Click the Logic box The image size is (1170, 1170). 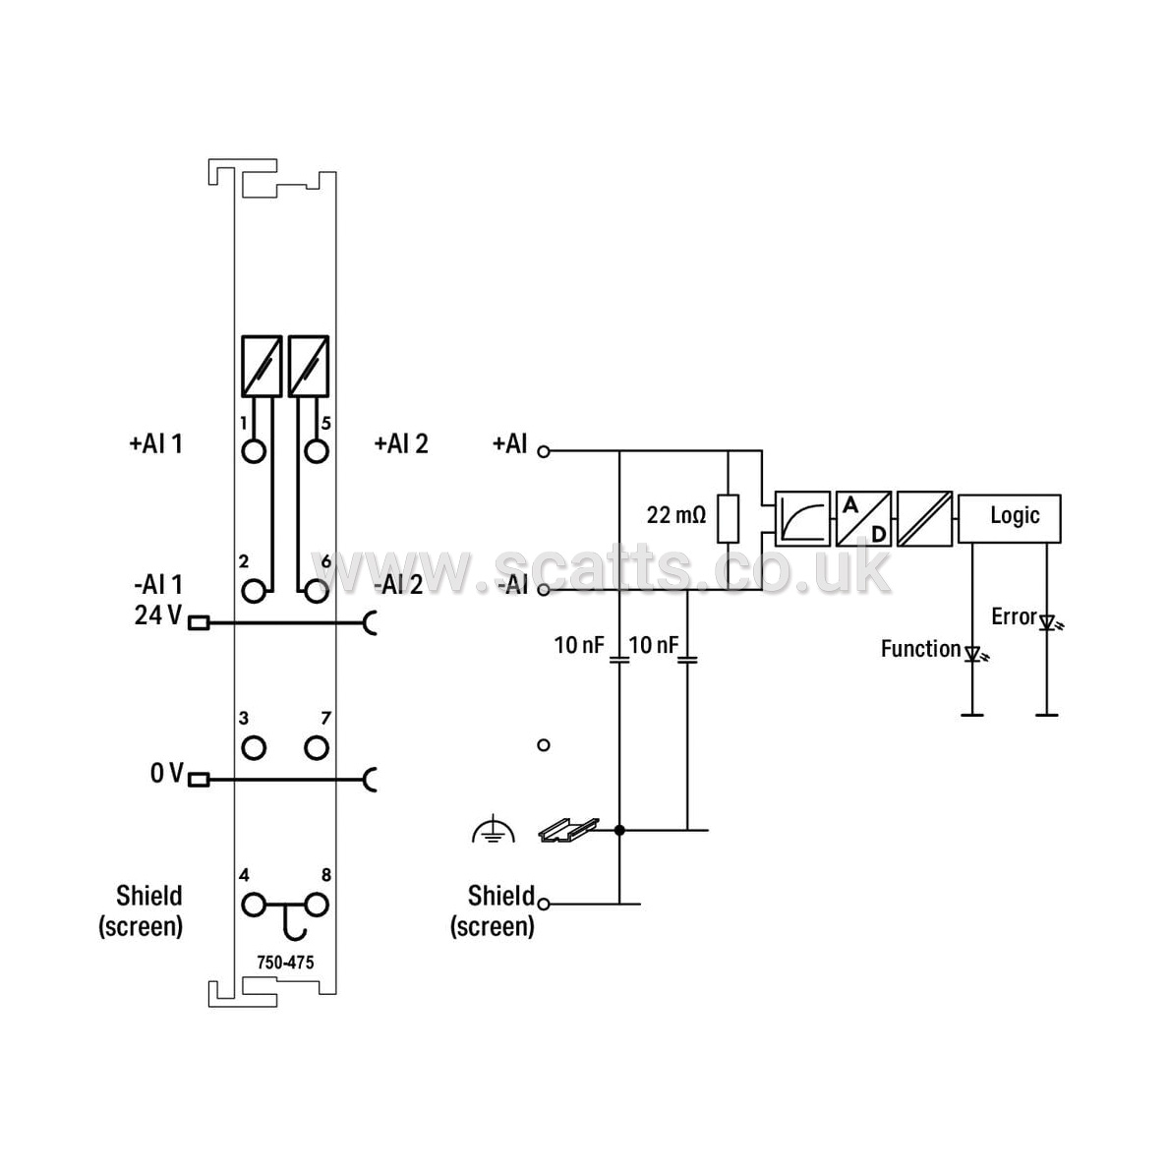1009,518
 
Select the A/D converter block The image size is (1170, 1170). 863,518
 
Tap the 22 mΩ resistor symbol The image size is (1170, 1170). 728,518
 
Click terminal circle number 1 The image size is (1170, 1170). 254,451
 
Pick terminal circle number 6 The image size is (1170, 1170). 318,591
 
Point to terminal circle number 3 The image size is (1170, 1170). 254,747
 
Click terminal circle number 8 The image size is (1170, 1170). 318,906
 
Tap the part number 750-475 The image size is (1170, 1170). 285,963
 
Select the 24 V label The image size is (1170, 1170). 158,614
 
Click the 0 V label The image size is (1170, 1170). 166,773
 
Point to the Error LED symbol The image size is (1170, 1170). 1049,622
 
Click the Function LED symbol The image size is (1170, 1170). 974,655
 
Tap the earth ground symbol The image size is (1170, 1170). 494,831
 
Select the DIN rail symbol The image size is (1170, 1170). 568,830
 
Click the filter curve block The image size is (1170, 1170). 802,518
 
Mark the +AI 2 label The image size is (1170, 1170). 401,444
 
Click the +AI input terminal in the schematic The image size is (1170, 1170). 544,451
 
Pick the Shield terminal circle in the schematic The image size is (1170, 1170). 544,905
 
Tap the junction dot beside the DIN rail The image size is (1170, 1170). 619,830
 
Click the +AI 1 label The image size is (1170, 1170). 156,444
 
